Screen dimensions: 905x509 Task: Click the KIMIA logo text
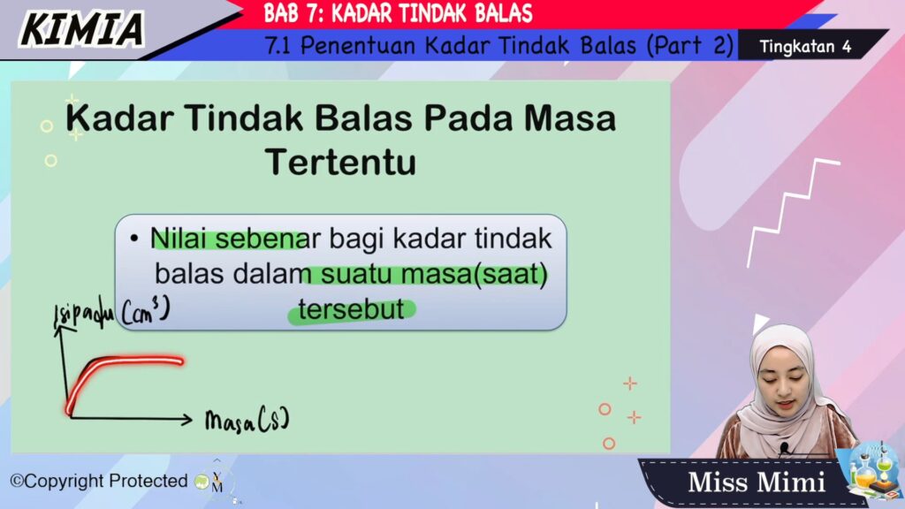click(82, 29)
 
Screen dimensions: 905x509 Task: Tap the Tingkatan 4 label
click(805, 46)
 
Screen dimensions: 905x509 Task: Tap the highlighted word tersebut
click(351, 309)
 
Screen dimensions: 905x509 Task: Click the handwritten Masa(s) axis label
click(247, 420)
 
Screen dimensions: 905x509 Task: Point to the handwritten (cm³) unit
click(146, 312)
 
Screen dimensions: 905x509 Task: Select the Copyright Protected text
click(99, 481)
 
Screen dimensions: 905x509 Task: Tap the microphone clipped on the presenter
click(784, 448)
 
